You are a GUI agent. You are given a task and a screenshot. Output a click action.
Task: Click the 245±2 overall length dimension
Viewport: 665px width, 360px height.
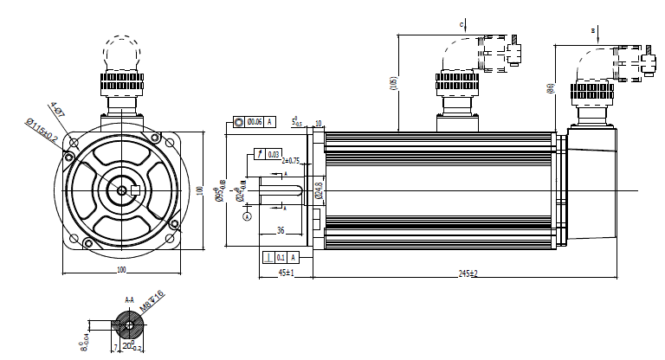coord(467,273)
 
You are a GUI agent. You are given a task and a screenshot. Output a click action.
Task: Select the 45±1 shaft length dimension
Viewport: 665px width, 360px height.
coord(286,273)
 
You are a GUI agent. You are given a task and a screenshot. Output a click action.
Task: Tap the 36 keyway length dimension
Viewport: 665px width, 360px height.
coord(280,231)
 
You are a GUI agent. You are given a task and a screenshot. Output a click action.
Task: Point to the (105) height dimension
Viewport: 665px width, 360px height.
coord(391,83)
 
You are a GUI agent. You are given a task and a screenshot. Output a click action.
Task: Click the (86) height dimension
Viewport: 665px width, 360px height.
coord(550,87)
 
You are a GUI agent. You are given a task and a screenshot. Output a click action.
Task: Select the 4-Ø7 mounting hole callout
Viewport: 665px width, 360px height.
coord(56,111)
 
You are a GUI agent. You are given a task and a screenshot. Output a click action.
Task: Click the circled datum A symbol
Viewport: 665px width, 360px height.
coord(247,216)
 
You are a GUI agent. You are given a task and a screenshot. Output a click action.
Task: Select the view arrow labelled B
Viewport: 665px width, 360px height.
coord(593,32)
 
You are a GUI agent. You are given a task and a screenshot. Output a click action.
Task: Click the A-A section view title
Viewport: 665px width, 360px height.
coord(130,300)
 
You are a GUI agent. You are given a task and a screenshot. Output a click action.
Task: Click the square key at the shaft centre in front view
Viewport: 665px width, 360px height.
coord(124,190)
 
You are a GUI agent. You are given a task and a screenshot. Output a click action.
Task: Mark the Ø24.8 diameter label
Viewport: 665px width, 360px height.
coord(318,190)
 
